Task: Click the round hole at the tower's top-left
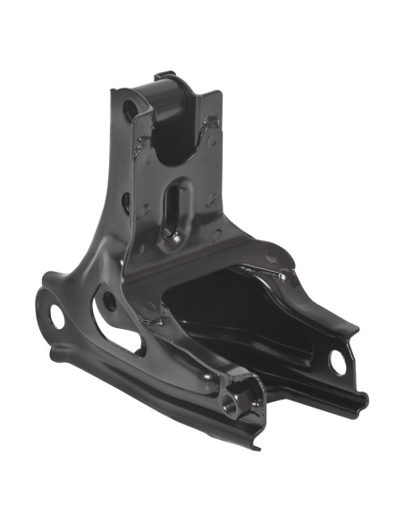pyautogui.click(x=130, y=111)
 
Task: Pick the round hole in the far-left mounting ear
pyautogui.click(x=55, y=315)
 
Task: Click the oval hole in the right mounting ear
pyautogui.click(x=339, y=361)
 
